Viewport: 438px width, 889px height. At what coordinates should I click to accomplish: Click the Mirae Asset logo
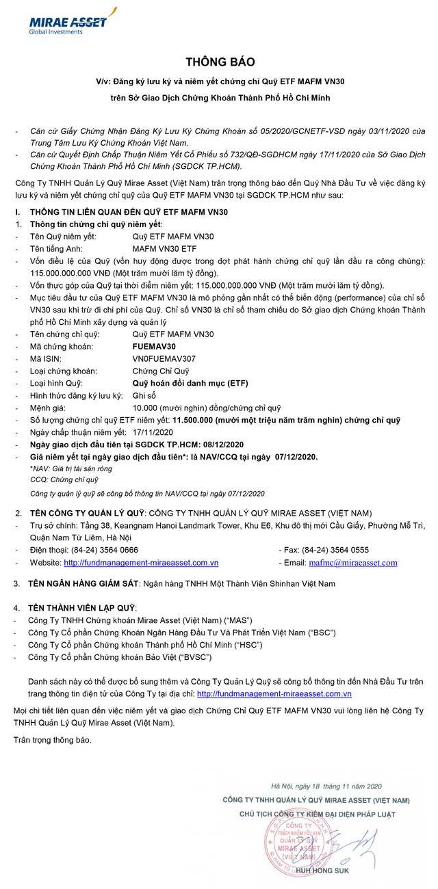(68, 21)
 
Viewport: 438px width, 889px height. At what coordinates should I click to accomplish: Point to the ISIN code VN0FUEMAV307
(164, 358)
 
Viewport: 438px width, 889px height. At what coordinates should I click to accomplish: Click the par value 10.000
(146, 408)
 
